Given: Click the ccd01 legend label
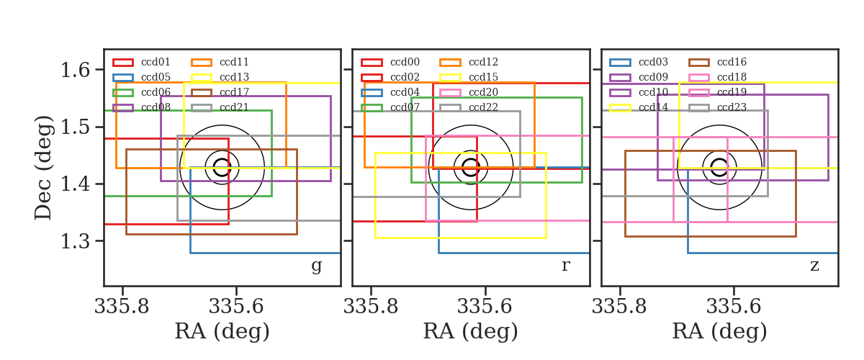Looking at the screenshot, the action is coord(156,62).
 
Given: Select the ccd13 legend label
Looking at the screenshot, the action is coord(234,77).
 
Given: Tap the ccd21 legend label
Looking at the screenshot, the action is coord(234,107).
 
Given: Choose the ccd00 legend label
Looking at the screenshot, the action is coord(405,62).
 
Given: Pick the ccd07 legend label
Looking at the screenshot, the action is coord(405,107).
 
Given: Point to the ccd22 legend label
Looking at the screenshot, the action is coord(483,107).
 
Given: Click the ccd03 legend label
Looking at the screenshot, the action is coord(653,62).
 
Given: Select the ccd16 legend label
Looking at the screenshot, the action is coord(732,62).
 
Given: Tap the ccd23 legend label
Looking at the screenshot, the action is coord(732,107).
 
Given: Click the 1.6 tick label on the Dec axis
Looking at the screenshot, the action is coord(75,71).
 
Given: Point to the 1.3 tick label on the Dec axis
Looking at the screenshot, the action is coord(75,241).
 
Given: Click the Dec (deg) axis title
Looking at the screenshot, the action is coord(42,168).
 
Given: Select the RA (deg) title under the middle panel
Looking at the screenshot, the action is coord(471,331).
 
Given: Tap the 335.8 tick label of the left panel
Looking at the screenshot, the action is coord(122,307).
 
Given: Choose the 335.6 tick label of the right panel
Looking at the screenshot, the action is coord(733,307).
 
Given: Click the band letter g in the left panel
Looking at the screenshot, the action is coord(316,266).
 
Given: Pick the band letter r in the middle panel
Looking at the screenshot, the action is coord(565,265).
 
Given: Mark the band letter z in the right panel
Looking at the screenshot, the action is coord(814,266).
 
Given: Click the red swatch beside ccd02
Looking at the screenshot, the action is coord(372,78).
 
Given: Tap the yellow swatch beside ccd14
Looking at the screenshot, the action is coord(620,108).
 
